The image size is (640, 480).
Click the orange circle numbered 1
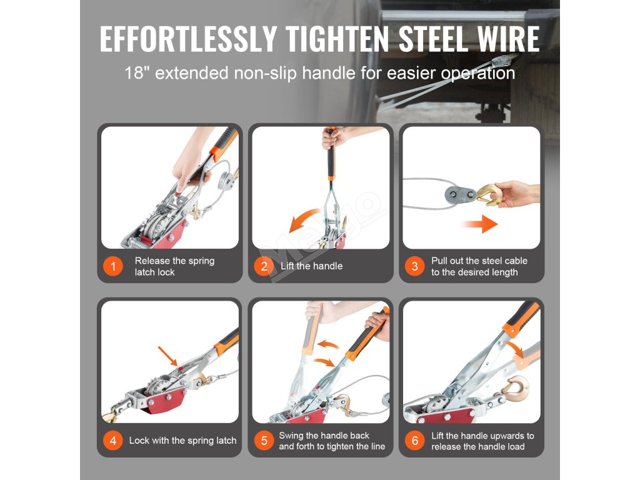click(x=112, y=266)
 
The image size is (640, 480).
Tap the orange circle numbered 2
click(x=264, y=266)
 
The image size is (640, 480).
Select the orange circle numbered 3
click(x=415, y=266)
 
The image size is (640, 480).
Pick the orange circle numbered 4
click(x=112, y=441)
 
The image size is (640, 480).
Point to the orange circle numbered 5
click(x=264, y=441)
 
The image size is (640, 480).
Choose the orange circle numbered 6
click(x=415, y=441)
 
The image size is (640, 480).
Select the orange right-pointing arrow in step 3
click(x=480, y=224)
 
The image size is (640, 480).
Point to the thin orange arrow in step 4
click(x=167, y=356)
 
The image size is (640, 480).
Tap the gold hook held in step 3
click(x=487, y=194)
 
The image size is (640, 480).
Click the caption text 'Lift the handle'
click(x=311, y=266)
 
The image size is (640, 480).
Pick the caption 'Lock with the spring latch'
click(x=182, y=441)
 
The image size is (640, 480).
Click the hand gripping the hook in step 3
click(x=515, y=194)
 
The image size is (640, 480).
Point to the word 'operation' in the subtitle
click(x=478, y=74)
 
